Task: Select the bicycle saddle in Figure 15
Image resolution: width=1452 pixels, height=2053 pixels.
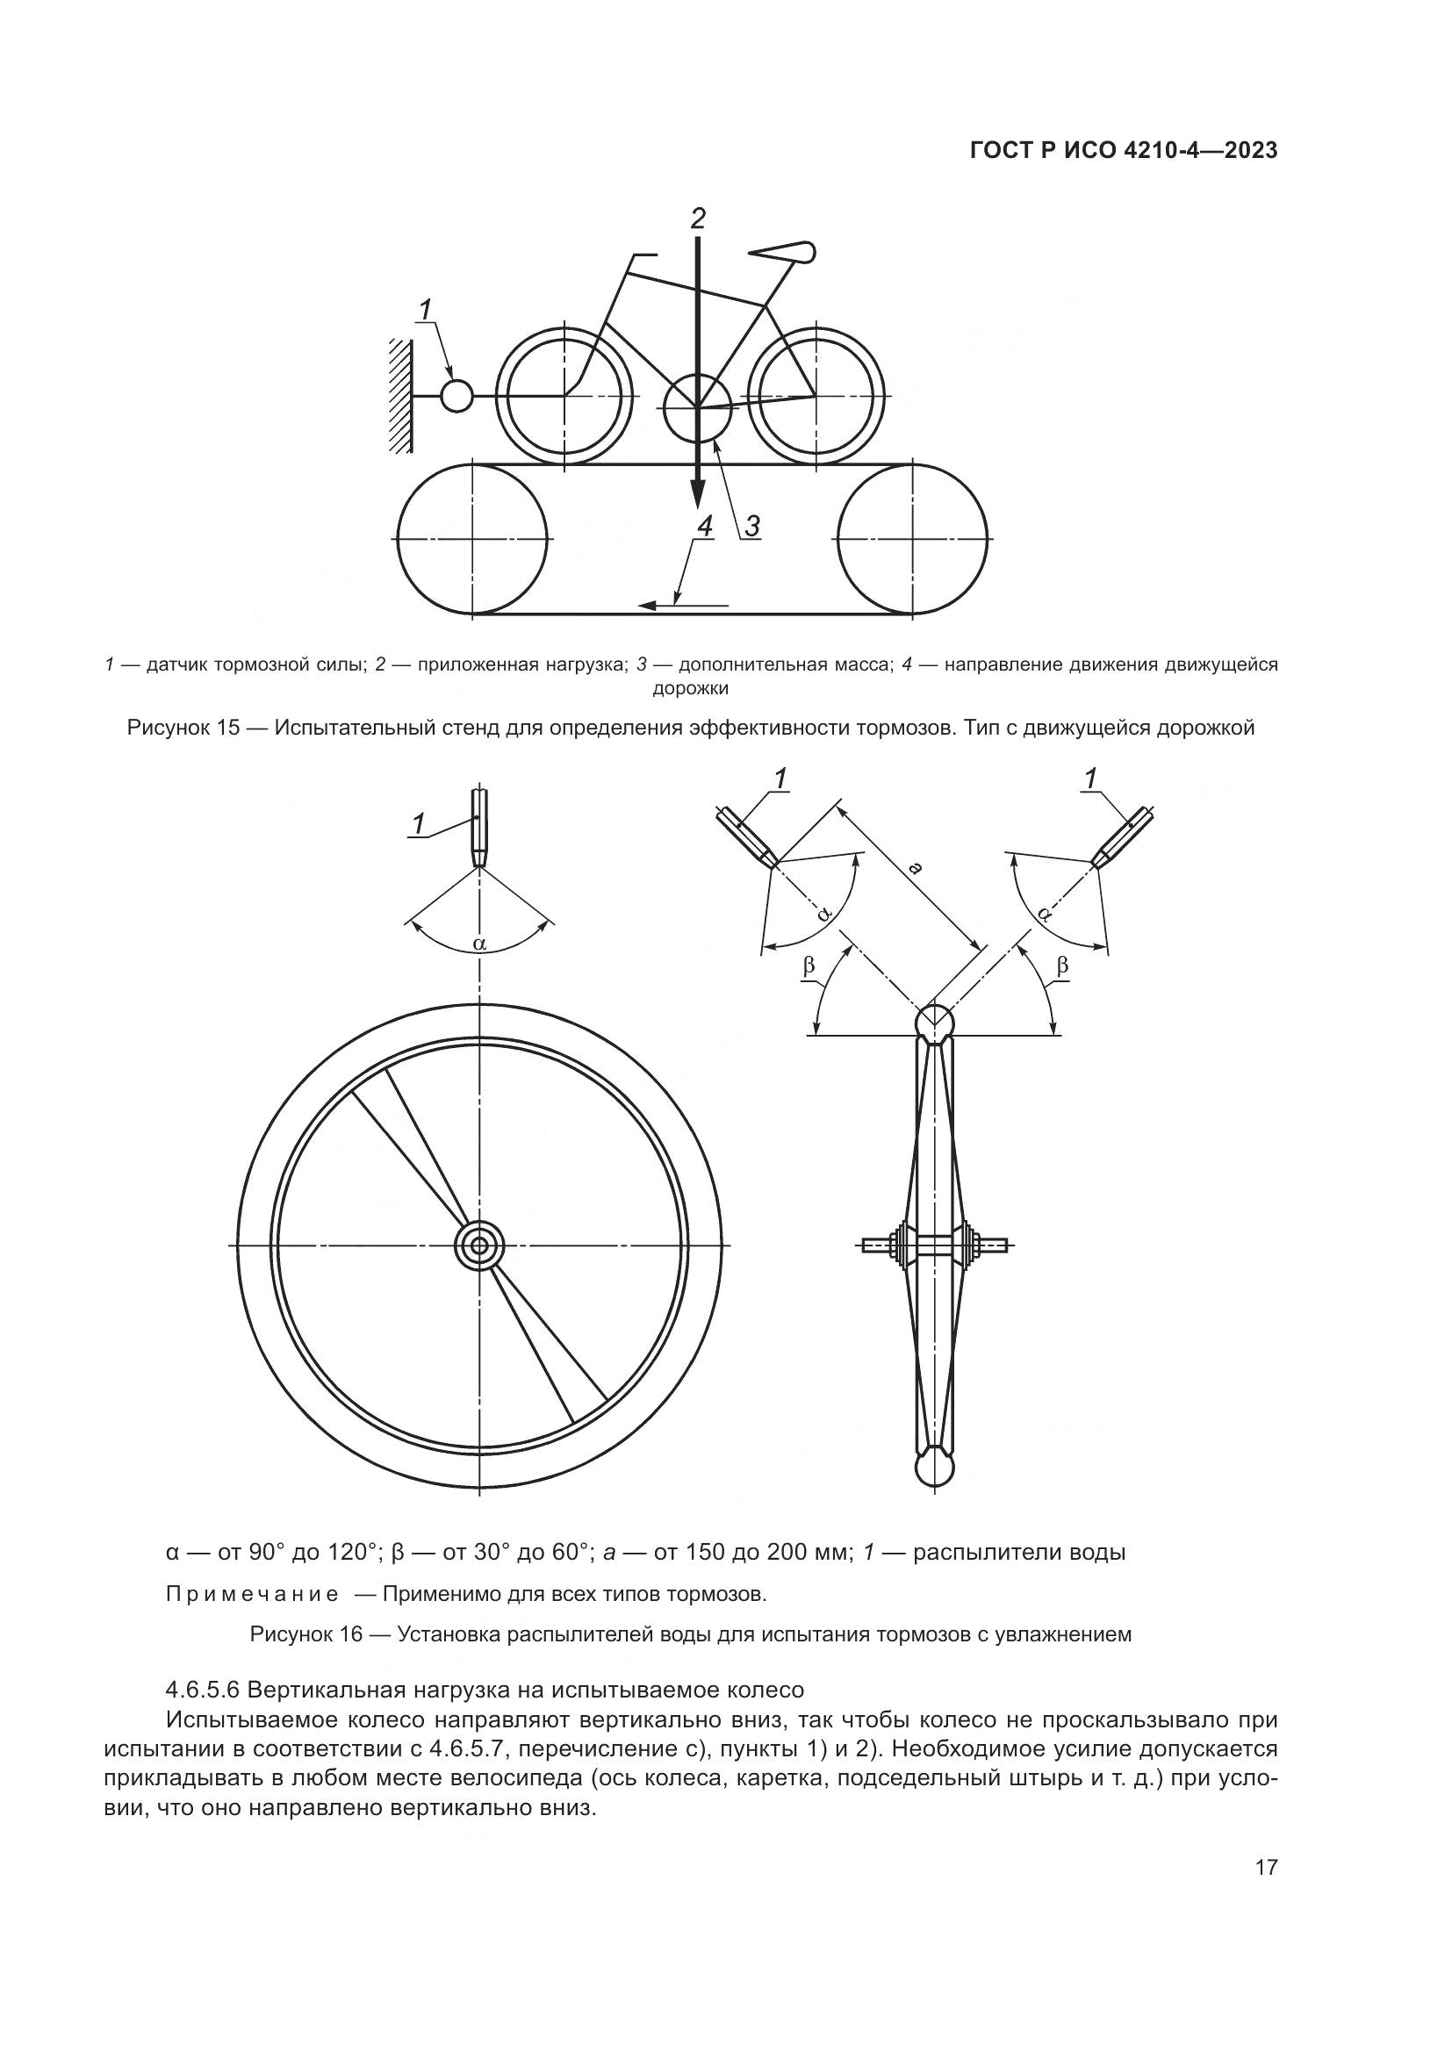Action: [787, 252]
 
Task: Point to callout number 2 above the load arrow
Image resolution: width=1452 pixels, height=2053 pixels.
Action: [698, 218]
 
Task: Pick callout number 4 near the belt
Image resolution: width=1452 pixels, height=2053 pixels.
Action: [705, 528]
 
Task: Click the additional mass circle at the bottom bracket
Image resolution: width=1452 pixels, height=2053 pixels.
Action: [697, 408]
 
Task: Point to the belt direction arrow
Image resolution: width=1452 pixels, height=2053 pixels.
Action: [684, 606]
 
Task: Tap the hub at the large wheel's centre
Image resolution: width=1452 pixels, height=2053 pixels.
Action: [480, 1245]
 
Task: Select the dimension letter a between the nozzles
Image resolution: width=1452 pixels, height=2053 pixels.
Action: [914, 866]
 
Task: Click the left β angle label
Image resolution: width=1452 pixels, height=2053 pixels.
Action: [809, 965]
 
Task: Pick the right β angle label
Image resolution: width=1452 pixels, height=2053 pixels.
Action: [1062, 965]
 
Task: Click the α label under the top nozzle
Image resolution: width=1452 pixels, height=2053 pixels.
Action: [480, 943]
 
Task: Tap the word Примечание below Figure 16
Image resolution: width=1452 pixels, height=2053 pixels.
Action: [252, 1593]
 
